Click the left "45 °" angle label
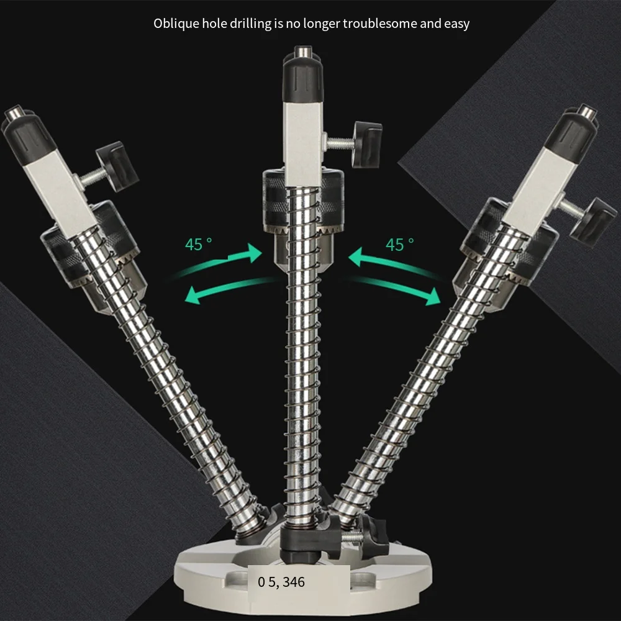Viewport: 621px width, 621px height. point(199,244)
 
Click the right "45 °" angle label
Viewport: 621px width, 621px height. point(399,244)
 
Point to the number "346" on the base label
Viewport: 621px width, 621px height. point(294,582)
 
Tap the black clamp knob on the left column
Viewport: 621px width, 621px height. point(117,166)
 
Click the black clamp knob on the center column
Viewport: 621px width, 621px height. point(368,144)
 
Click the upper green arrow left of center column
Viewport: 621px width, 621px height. point(222,261)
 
